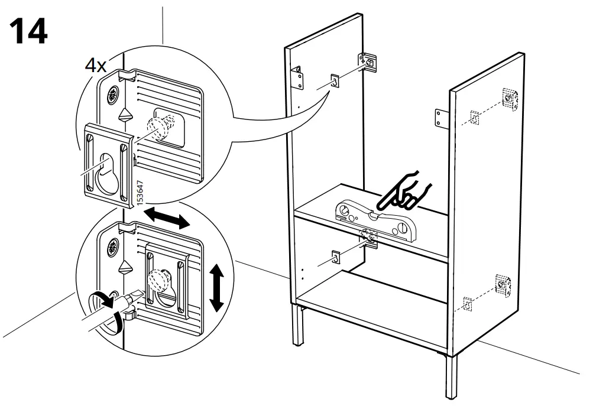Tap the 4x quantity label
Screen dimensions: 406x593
click(95, 64)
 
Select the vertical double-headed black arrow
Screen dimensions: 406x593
click(216, 288)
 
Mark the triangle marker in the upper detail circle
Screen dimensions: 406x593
click(124, 114)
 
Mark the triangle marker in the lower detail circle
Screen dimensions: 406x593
click(124, 268)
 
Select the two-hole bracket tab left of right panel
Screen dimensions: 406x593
click(442, 118)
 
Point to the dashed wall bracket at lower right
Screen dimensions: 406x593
click(502, 285)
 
